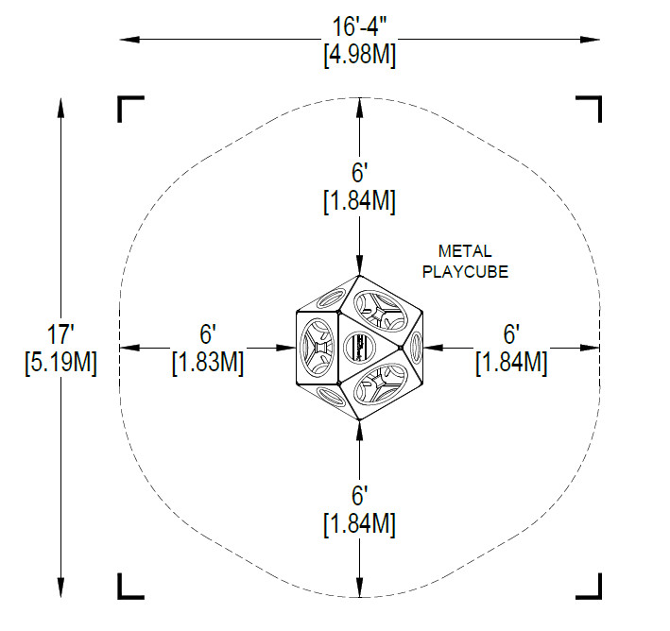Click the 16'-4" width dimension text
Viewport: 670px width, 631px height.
[359, 26]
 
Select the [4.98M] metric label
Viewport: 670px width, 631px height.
[360, 55]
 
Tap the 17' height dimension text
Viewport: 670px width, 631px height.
[60, 333]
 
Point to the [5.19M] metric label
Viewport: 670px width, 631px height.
[61, 363]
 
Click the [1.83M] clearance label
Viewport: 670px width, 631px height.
[208, 363]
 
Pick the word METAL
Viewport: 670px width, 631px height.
[465, 251]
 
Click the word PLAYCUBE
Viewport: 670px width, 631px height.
[465, 272]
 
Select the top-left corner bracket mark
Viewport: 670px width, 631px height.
[130, 109]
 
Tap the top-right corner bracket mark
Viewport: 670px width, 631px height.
[589, 109]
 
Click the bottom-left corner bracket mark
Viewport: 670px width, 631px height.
[130, 587]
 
